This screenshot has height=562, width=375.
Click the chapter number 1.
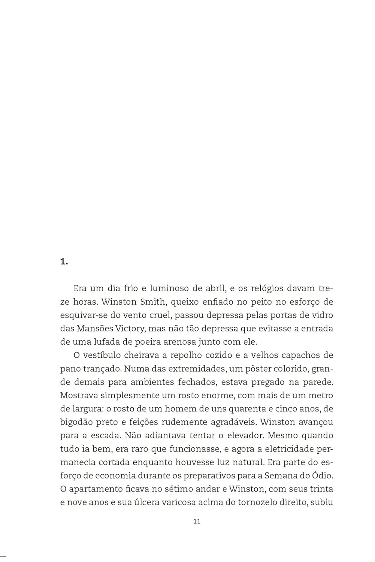click(63, 262)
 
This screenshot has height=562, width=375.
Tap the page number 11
click(197, 521)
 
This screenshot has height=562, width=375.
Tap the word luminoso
click(168, 288)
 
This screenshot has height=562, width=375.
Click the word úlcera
click(145, 502)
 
